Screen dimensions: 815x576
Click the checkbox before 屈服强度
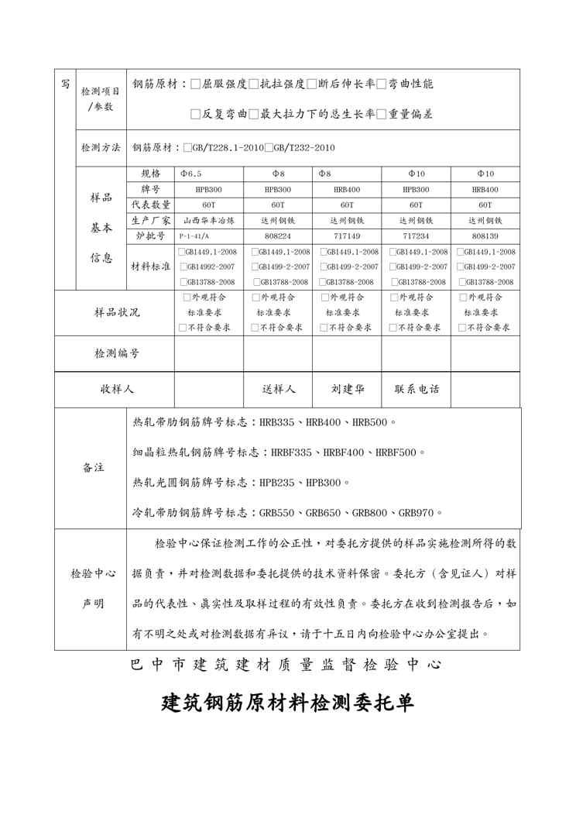pos(195,84)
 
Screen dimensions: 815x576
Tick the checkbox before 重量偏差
pos(382,114)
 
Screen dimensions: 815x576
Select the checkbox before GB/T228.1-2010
pos(187,147)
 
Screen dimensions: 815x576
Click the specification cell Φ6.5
pos(190,174)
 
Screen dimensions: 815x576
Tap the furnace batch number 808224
pos(278,236)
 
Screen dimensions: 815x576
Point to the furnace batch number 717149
pos(346,236)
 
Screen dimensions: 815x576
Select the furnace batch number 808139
pos(485,236)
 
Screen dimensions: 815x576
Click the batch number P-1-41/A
pos(194,236)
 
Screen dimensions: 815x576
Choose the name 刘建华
pos(348,389)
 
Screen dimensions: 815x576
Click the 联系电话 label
pos(417,389)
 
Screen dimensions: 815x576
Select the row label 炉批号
pos(150,236)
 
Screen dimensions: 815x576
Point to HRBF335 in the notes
pos(290,452)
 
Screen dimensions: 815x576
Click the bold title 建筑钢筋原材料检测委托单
pos(288,703)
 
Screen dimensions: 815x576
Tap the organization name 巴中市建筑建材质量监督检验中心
pos(287,665)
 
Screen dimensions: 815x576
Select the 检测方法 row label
pos(101,147)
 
